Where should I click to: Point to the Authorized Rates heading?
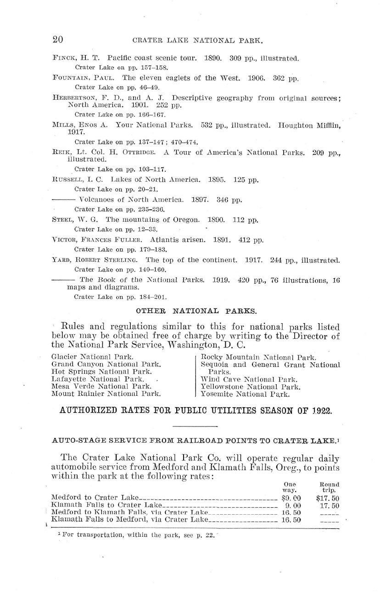pos(196,410)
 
